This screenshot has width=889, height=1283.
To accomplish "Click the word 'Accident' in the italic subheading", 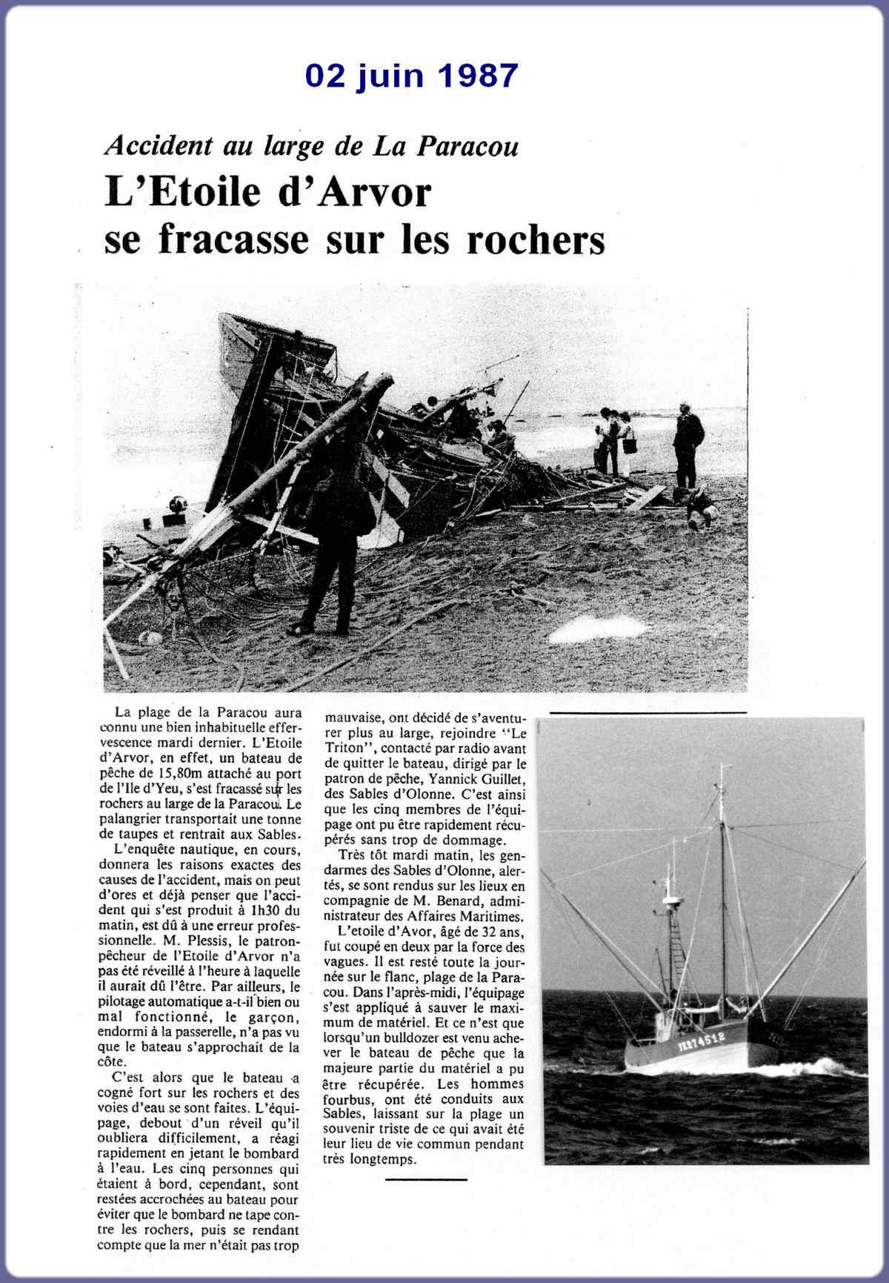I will click(158, 145).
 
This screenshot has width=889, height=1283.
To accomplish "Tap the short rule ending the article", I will click(427, 1178).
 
